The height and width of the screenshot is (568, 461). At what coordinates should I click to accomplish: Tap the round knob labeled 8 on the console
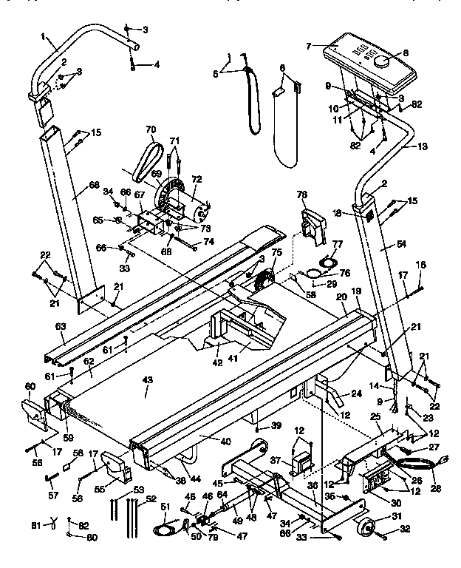click(383, 63)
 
